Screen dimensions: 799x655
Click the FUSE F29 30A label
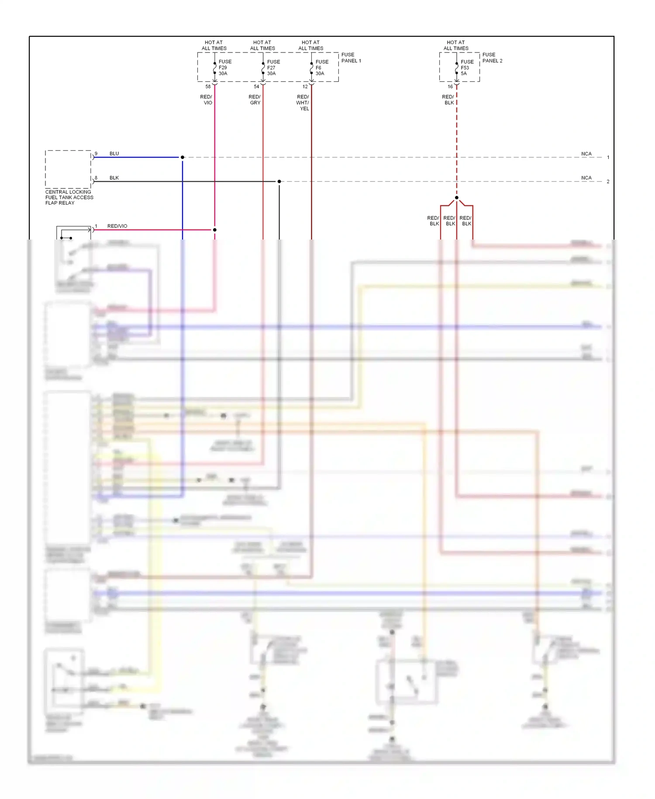pyautogui.click(x=224, y=68)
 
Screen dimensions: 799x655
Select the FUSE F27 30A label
pyautogui.click(x=273, y=68)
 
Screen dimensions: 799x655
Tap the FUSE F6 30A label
pyautogui.click(x=321, y=68)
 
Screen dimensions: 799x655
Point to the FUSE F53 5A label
pyautogui.click(x=466, y=68)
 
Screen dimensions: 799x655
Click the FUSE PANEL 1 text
pyautogui.click(x=351, y=58)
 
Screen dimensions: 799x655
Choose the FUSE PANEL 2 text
pyautogui.click(x=492, y=58)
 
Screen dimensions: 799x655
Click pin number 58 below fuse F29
pyautogui.click(x=208, y=87)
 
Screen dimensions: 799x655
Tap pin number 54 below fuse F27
pyautogui.click(x=256, y=87)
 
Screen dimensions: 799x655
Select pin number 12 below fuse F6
pyautogui.click(x=305, y=87)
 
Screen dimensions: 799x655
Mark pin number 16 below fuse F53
pyautogui.click(x=450, y=87)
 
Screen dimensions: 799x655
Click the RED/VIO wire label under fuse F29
pyautogui.click(x=206, y=100)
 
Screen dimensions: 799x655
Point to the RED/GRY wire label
pyautogui.click(x=255, y=100)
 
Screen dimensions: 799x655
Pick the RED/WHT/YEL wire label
pyautogui.click(x=303, y=103)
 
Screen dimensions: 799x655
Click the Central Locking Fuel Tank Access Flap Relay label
pyautogui.click(x=69, y=198)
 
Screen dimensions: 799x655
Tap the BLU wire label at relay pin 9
pyautogui.click(x=114, y=154)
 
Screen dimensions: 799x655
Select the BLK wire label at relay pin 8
pyautogui.click(x=114, y=178)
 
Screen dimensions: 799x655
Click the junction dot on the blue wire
pyautogui.click(x=183, y=157)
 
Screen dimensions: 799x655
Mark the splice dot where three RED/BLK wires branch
pyautogui.click(x=457, y=198)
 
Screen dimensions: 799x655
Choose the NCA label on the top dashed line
pyautogui.click(x=586, y=154)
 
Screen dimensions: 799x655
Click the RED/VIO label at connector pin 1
pyautogui.click(x=117, y=226)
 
